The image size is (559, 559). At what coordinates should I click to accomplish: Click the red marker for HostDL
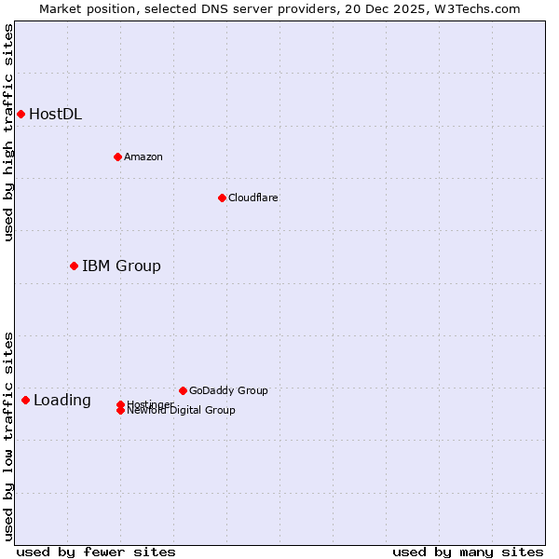(20, 114)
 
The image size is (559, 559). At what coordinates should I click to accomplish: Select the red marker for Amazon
(117, 157)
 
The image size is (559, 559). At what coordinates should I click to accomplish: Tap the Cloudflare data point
(222, 198)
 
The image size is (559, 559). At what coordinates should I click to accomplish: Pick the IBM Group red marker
(74, 266)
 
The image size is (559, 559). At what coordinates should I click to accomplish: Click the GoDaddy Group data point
(183, 390)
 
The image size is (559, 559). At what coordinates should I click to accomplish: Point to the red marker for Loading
(25, 400)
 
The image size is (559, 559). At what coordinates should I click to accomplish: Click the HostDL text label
(55, 115)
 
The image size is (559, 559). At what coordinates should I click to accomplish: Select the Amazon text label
(143, 157)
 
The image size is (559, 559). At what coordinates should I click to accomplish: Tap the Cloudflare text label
(252, 198)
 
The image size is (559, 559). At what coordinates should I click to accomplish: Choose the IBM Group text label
(121, 266)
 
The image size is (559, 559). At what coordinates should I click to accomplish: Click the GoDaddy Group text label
(228, 390)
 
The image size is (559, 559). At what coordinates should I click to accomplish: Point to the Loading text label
(62, 401)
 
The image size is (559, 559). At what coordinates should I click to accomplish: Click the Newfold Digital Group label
(181, 411)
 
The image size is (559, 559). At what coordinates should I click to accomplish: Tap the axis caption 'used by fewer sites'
(96, 552)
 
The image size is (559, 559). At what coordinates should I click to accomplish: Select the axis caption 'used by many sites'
(468, 552)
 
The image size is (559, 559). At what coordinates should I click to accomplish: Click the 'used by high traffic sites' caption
(8, 132)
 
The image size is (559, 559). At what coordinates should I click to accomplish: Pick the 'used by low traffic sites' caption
(8, 436)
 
